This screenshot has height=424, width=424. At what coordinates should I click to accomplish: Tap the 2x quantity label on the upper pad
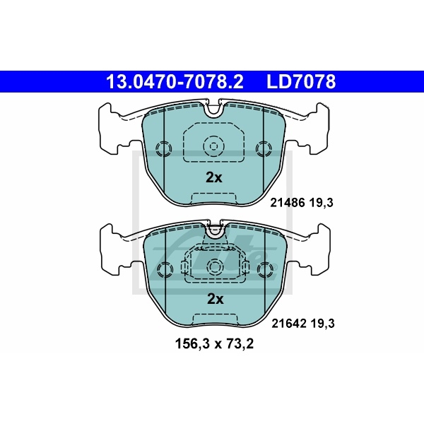coord(213,178)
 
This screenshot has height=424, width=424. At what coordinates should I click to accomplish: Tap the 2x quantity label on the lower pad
coord(213,299)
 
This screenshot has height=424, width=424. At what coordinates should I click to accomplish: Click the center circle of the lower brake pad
coord(213,266)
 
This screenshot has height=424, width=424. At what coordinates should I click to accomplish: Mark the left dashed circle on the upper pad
coord(163,148)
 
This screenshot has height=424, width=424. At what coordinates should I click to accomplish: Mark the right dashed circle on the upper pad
coord(264,148)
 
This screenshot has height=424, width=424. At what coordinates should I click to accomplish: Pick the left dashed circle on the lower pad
coord(163,269)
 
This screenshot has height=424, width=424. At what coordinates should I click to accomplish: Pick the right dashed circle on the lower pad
coord(264,269)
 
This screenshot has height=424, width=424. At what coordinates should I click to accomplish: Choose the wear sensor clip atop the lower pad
coord(213,230)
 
